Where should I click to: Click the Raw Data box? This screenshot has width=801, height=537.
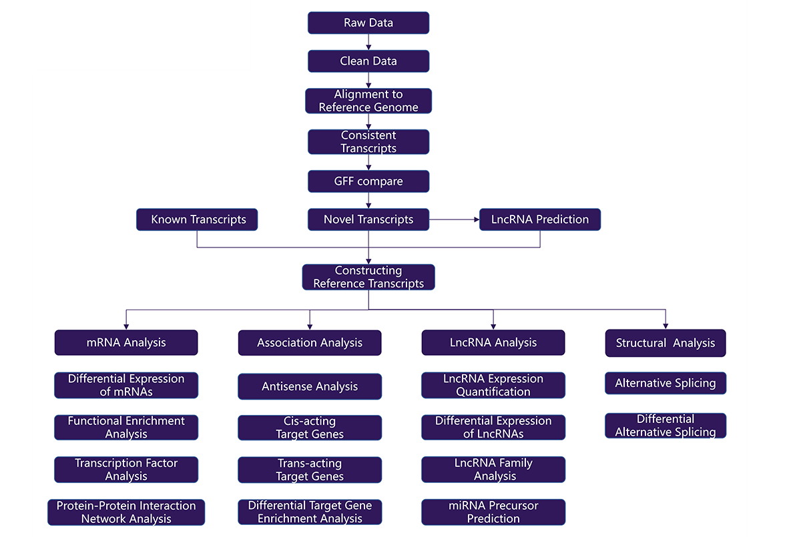click(x=368, y=23)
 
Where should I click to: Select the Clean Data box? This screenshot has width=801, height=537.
click(x=368, y=61)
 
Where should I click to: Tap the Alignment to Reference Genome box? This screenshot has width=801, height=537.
click(x=368, y=101)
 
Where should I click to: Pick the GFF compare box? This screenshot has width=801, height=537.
click(x=368, y=181)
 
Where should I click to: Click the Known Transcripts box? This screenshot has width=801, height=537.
click(x=197, y=219)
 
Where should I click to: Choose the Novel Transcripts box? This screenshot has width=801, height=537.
click(x=368, y=219)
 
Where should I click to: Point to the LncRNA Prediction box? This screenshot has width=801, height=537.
click(x=540, y=219)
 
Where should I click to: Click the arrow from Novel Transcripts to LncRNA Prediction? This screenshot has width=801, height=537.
click(x=454, y=219)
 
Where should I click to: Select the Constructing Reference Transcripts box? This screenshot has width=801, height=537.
click(x=368, y=277)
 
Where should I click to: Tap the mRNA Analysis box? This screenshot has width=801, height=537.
click(x=126, y=342)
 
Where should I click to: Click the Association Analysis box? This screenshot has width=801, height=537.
click(x=310, y=343)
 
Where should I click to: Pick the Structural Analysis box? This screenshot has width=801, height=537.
click(x=665, y=343)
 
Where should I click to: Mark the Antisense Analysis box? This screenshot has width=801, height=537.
click(x=310, y=386)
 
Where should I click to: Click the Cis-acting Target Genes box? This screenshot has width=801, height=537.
click(x=310, y=428)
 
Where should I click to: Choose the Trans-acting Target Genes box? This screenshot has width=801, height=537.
click(x=310, y=470)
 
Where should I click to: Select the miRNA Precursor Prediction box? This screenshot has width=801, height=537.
click(x=493, y=512)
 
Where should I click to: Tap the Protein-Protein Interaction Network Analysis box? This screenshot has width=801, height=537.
click(x=126, y=512)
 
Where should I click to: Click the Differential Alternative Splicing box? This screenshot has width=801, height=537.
click(x=665, y=426)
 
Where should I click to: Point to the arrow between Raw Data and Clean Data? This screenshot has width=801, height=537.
click(x=368, y=42)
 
